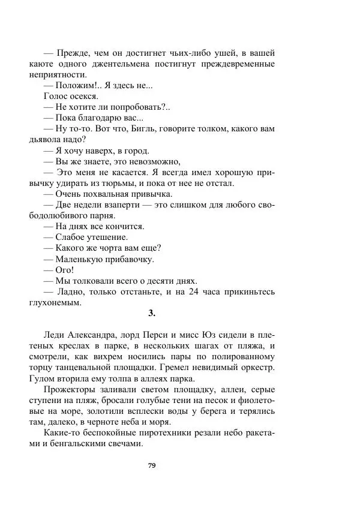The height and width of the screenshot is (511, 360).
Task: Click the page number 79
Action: tap(152, 464)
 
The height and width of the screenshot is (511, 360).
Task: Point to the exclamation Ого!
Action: tap(64, 270)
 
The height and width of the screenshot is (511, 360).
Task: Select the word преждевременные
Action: tap(240, 64)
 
